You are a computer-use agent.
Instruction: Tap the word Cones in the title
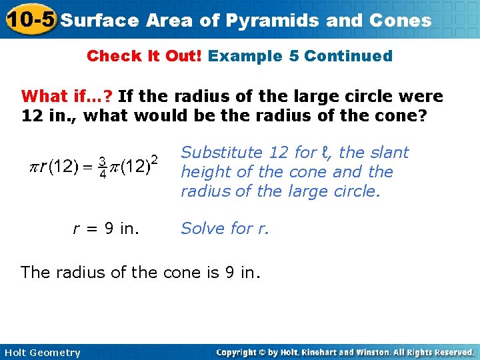click(399, 21)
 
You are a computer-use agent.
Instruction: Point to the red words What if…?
click(68, 97)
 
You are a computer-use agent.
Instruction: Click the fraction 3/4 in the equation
click(103, 167)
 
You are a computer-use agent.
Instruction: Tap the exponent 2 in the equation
click(154, 159)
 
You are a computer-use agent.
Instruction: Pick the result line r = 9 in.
click(105, 229)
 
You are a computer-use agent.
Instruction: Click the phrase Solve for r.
click(225, 229)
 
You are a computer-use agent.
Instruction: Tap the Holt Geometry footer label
click(41, 353)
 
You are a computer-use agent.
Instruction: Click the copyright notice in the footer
click(345, 352)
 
